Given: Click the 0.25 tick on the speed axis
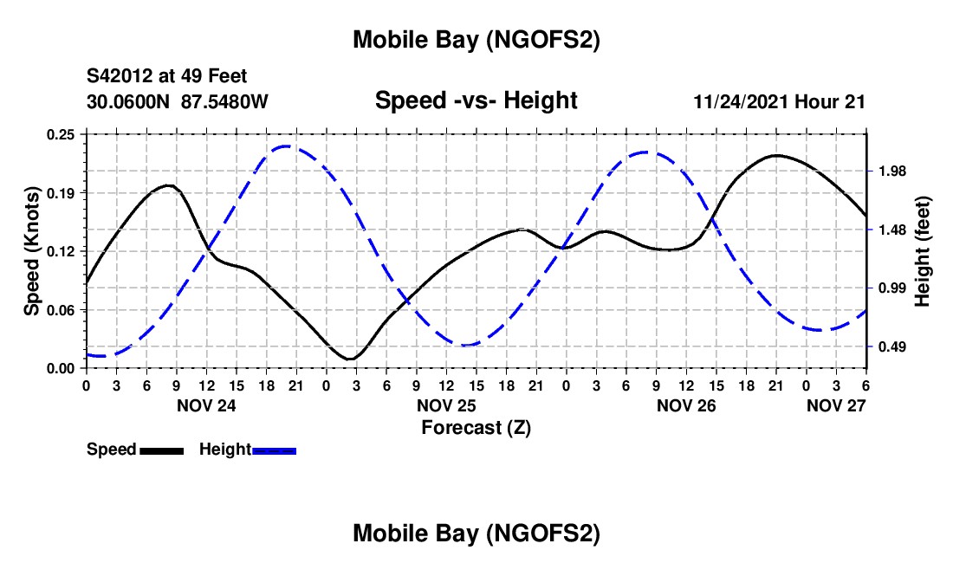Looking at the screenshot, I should coord(62,134).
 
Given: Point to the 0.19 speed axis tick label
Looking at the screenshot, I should coord(62,192).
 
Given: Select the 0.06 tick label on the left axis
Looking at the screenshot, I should coord(62,309).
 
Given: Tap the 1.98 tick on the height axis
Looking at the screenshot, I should coord(891,171).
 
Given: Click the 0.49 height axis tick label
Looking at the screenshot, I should coord(891,347).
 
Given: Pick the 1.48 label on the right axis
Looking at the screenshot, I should coord(891,230).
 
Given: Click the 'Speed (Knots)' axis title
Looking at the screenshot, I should coord(32,251).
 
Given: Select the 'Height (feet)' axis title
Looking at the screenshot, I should coord(922,251).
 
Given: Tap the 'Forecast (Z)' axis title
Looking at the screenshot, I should coord(476,427).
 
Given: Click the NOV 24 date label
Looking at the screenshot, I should coord(205,405).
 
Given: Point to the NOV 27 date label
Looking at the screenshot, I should coord(836,405).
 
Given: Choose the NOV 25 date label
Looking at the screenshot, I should coord(446,405).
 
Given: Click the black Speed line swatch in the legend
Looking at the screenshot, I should coord(160,450).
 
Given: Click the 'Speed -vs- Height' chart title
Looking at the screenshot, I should coord(476,100).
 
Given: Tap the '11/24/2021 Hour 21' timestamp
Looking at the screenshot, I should coord(780,101).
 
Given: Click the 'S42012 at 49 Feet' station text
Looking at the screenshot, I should coord(166,76).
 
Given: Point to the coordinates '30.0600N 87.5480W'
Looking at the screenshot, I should coord(178,101).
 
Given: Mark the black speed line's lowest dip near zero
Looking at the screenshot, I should coord(351,359).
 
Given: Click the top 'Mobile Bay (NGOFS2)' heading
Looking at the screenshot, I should coord(476,40).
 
